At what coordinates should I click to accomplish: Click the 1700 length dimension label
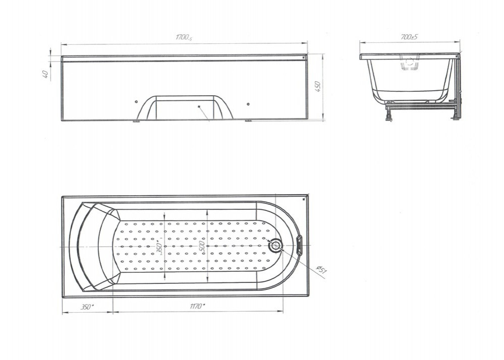click(x=184, y=38)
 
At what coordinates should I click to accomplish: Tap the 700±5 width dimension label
click(x=409, y=37)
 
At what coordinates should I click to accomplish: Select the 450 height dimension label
click(x=317, y=87)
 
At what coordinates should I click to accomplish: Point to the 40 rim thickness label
click(x=45, y=74)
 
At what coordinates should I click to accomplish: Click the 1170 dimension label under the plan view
click(x=197, y=306)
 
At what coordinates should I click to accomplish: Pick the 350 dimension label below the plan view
click(x=87, y=307)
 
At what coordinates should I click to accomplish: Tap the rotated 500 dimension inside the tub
click(x=202, y=246)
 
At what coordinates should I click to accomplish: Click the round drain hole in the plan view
click(x=275, y=246)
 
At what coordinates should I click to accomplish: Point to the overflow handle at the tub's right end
click(x=299, y=246)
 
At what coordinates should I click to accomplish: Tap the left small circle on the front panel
click(x=136, y=102)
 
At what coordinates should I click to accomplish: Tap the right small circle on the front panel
click(x=248, y=104)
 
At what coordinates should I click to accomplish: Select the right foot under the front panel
click(x=248, y=121)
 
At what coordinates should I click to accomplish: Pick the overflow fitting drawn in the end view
click(x=410, y=63)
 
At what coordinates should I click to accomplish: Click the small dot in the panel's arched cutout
click(x=199, y=106)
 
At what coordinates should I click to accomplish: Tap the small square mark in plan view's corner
click(x=303, y=199)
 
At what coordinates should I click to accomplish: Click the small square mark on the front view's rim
click(x=303, y=57)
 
